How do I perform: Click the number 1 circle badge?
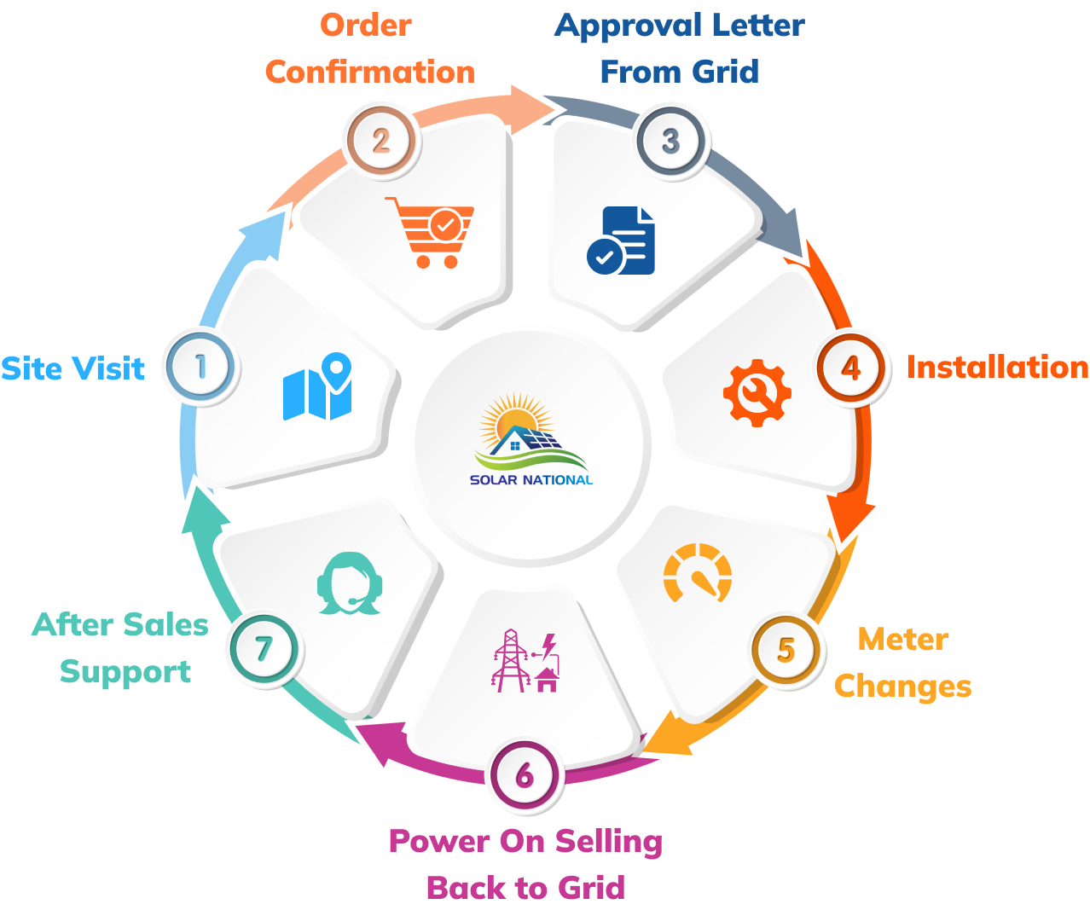click(201, 367)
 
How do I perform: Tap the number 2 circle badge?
click(380, 141)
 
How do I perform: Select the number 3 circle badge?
click(671, 141)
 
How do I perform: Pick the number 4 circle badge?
click(851, 368)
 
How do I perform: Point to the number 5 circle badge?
click(786, 650)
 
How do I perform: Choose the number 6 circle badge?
click(525, 776)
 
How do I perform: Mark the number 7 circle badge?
click(264, 650)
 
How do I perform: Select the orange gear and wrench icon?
click(757, 392)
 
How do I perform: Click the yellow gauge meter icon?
click(698, 573)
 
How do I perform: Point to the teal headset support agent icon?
click(350, 584)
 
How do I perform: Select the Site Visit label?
click(73, 368)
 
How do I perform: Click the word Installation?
click(997, 367)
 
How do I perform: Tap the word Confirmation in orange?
click(369, 72)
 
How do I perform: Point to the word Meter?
click(903, 639)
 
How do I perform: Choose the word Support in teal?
click(125, 672)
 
